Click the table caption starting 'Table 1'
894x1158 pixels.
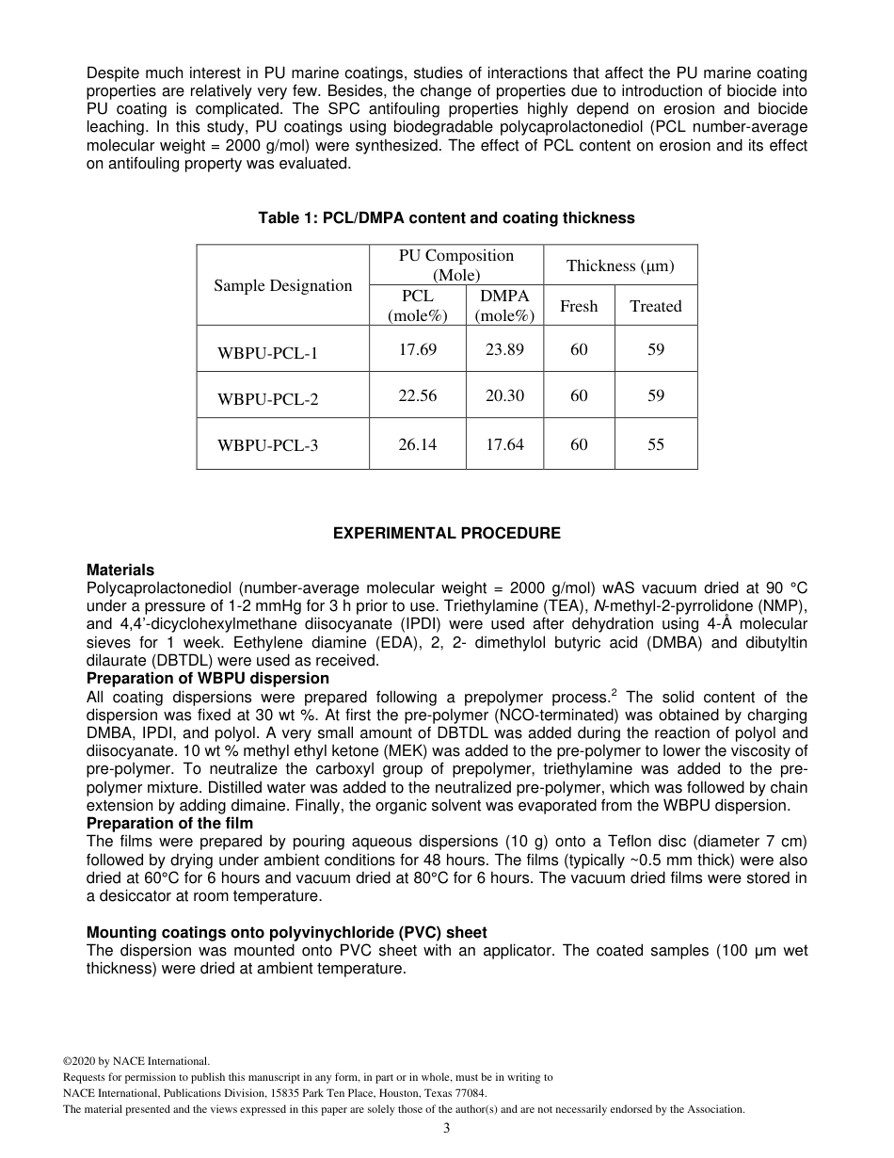pos(446,218)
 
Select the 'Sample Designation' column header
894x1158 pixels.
pos(282,286)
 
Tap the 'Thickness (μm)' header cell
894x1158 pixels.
pos(619,266)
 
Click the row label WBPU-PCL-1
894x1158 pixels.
pos(267,354)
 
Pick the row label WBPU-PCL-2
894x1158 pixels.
pos(267,399)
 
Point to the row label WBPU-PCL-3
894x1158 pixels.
pos(267,445)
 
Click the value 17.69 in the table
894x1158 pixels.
pos(417,350)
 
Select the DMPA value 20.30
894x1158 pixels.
pos(504,396)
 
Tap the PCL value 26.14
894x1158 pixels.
pos(417,444)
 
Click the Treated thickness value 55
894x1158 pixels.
pos(656,444)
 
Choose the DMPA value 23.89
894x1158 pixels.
pos(504,350)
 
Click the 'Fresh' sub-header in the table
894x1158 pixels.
pos(579,306)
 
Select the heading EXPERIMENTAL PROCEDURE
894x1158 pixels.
pos(446,534)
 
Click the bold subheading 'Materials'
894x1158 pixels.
pos(120,571)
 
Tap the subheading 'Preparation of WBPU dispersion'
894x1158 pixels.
pos(208,679)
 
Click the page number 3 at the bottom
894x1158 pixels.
pos(447,1129)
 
